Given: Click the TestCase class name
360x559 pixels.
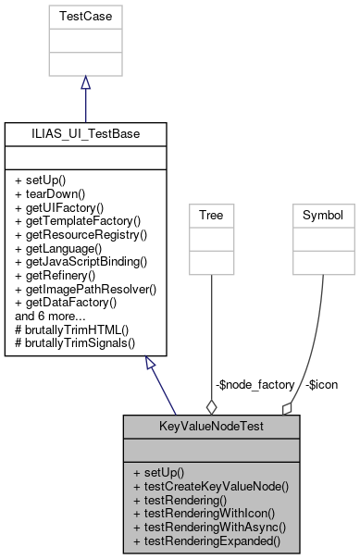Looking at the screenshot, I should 85,17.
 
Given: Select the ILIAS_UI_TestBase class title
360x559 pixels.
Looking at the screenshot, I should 85,133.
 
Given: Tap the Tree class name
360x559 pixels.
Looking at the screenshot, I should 211,216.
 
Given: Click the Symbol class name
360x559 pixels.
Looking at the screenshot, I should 323,216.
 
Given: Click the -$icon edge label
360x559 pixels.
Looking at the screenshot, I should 321,383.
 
